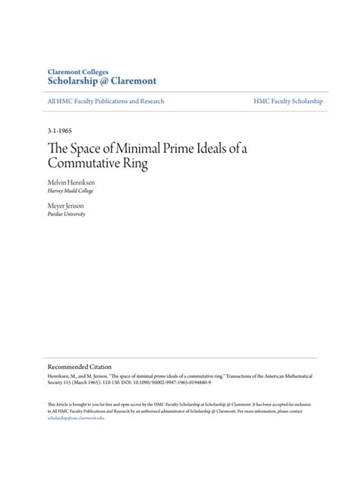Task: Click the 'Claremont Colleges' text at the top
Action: pyautogui.click(x=77, y=71)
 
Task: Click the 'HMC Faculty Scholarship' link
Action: pyautogui.click(x=289, y=101)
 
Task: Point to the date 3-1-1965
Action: pyautogui.click(x=59, y=131)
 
